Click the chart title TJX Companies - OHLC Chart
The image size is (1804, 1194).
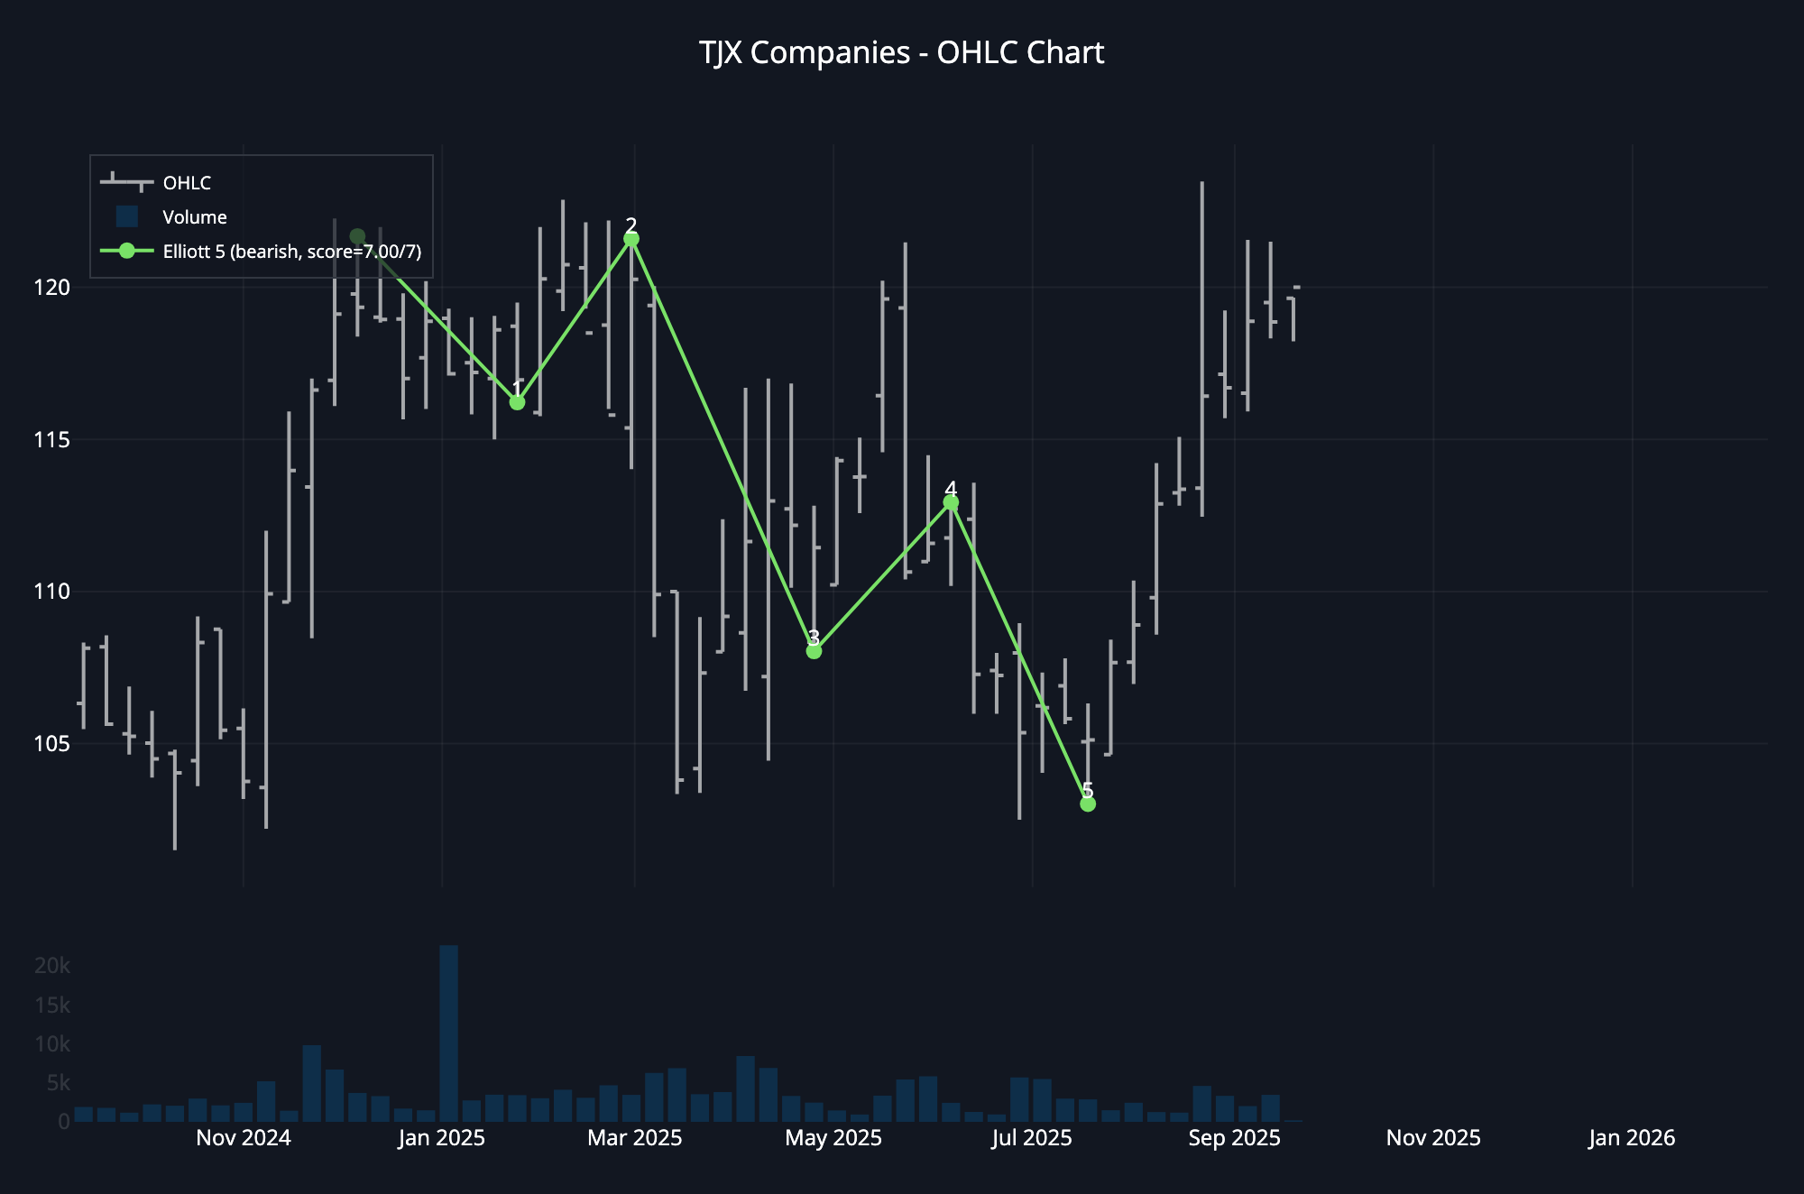pos(901,53)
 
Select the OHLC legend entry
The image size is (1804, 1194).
pos(187,183)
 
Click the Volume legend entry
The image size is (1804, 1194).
pos(194,217)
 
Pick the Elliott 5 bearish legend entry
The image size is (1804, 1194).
pos(291,252)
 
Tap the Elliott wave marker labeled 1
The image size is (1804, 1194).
pos(517,402)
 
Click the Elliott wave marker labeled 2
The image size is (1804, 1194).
pos(631,239)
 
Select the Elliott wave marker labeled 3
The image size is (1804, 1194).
pos(814,651)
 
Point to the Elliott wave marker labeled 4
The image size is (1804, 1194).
pos(951,502)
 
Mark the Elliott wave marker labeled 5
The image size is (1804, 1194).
pos(1088,804)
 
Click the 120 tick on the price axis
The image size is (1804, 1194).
pos(51,288)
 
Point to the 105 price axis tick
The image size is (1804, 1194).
pos(51,744)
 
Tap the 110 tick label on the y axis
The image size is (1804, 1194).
pos(51,592)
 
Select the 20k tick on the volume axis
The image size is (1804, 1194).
pos(52,966)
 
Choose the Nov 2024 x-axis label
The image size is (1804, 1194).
pos(244,1138)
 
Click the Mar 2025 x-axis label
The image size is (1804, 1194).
pos(634,1138)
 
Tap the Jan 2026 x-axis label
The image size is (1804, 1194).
pos(1632,1138)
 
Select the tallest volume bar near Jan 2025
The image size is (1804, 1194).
pos(448,1033)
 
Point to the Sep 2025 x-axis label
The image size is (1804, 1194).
pos(1234,1138)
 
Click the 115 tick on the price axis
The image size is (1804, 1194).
pos(51,440)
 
